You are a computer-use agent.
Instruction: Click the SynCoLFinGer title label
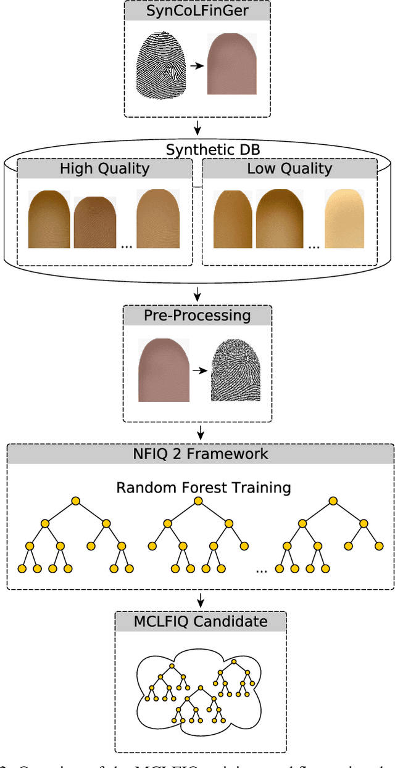tap(197, 10)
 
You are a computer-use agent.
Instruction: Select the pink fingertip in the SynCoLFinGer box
tap(231, 64)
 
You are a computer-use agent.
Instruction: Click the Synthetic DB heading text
tap(197, 149)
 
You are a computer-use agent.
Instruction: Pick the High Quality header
tap(104, 168)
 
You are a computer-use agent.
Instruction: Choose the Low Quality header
tap(289, 168)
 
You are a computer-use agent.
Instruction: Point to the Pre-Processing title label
tap(197, 316)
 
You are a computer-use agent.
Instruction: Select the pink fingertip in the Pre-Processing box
tap(163, 372)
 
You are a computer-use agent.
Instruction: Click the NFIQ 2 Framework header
tap(201, 454)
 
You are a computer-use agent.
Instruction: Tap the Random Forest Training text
tap(203, 488)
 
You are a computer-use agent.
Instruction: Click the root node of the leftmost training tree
tap(75, 501)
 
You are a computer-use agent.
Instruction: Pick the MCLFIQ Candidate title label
tap(201, 621)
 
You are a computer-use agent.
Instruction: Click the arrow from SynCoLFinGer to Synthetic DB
tap(197, 128)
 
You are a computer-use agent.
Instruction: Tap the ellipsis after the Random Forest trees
tap(261, 570)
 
